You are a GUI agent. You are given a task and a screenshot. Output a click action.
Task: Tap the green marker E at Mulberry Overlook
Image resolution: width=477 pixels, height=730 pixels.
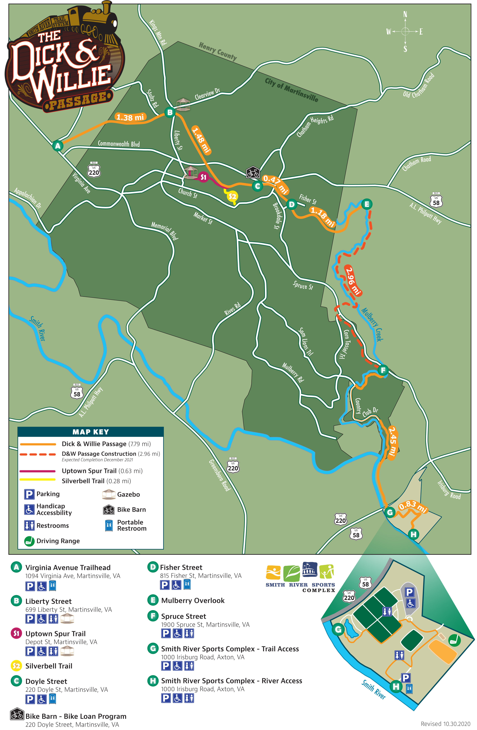click(x=367, y=204)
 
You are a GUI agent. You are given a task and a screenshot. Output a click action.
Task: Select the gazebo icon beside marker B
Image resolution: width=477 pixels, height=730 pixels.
click(x=183, y=104)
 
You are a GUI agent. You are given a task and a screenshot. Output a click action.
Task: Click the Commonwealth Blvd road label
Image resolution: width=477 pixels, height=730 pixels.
click(x=119, y=144)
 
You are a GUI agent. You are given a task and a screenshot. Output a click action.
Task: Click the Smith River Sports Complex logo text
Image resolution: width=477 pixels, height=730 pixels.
click(x=300, y=587)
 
